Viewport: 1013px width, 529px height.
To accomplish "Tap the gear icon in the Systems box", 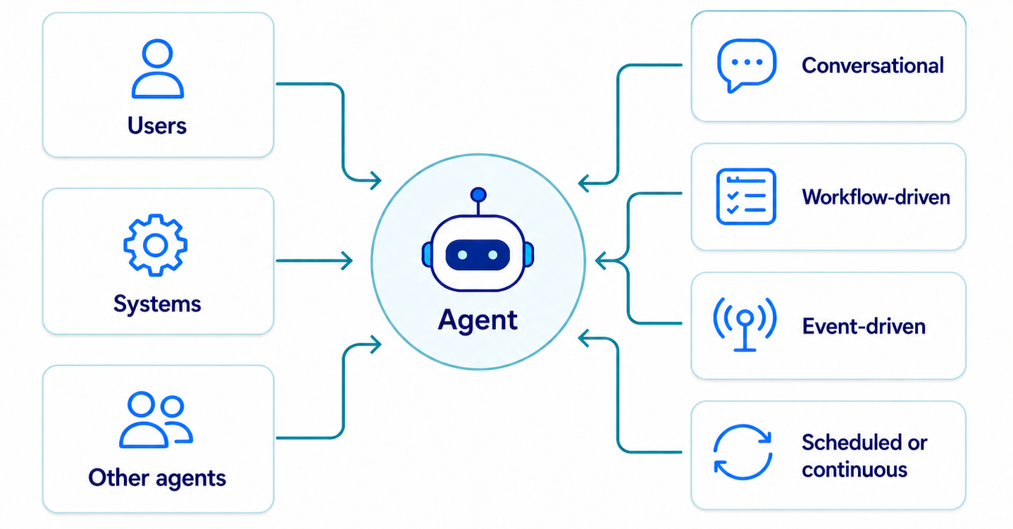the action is point(156,245).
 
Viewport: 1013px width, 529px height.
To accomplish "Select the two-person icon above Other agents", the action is point(156,420).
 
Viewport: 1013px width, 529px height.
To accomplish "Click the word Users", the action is point(157,125).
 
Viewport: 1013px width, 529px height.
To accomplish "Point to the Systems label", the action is point(157,304).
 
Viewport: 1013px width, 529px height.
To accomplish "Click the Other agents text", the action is point(157,478).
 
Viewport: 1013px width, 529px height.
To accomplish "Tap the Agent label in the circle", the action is point(478,320).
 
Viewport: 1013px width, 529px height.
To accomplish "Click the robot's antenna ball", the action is point(478,195).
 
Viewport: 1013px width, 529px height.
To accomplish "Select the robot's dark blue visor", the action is point(478,255).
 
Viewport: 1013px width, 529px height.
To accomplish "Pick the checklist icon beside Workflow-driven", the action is point(746,197).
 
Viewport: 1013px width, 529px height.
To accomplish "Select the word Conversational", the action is point(873,66).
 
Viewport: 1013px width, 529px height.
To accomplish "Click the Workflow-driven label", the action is point(876,197).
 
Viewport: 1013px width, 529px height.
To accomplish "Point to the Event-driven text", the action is point(864,326).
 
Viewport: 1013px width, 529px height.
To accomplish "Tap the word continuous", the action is point(854,470).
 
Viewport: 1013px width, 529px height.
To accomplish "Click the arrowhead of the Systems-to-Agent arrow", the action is point(347,261).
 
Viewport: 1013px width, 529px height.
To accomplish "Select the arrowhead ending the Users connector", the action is point(376,181).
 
